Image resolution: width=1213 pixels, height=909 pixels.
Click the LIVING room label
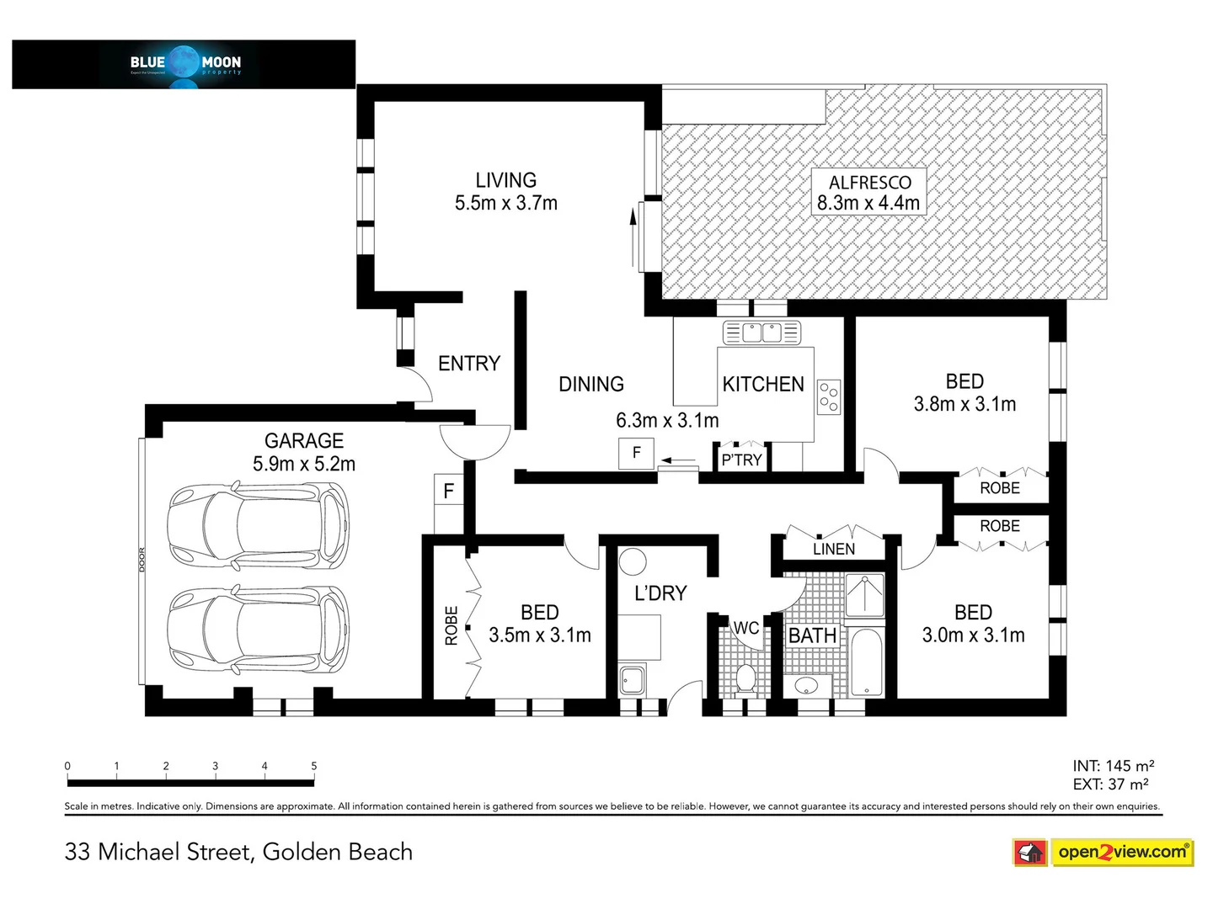(505, 180)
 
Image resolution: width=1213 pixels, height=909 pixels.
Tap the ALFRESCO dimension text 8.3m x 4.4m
(868, 203)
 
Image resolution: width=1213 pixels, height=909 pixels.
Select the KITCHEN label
(763, 384)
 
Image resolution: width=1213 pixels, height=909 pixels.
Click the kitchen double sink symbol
(761, 332)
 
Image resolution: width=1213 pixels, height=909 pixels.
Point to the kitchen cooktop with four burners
(829, 396)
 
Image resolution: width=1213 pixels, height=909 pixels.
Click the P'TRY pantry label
(741, 460)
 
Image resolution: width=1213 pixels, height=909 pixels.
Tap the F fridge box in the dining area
(636, 453)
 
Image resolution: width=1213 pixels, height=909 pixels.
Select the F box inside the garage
(448, 491)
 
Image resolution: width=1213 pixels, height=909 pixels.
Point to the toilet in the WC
(745, 678)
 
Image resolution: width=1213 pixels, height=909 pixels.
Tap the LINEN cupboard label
(834, 549)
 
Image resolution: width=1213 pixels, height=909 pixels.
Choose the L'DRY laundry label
(660, 593)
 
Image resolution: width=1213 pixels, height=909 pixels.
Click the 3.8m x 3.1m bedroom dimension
(965, 404)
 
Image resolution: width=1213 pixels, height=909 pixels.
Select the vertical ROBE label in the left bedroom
(452, 625)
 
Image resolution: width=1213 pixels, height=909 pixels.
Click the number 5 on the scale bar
(313, 766)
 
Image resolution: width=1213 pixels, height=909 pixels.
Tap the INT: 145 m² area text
(1113, 766)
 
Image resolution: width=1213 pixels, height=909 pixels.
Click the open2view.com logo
(1103, 852)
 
